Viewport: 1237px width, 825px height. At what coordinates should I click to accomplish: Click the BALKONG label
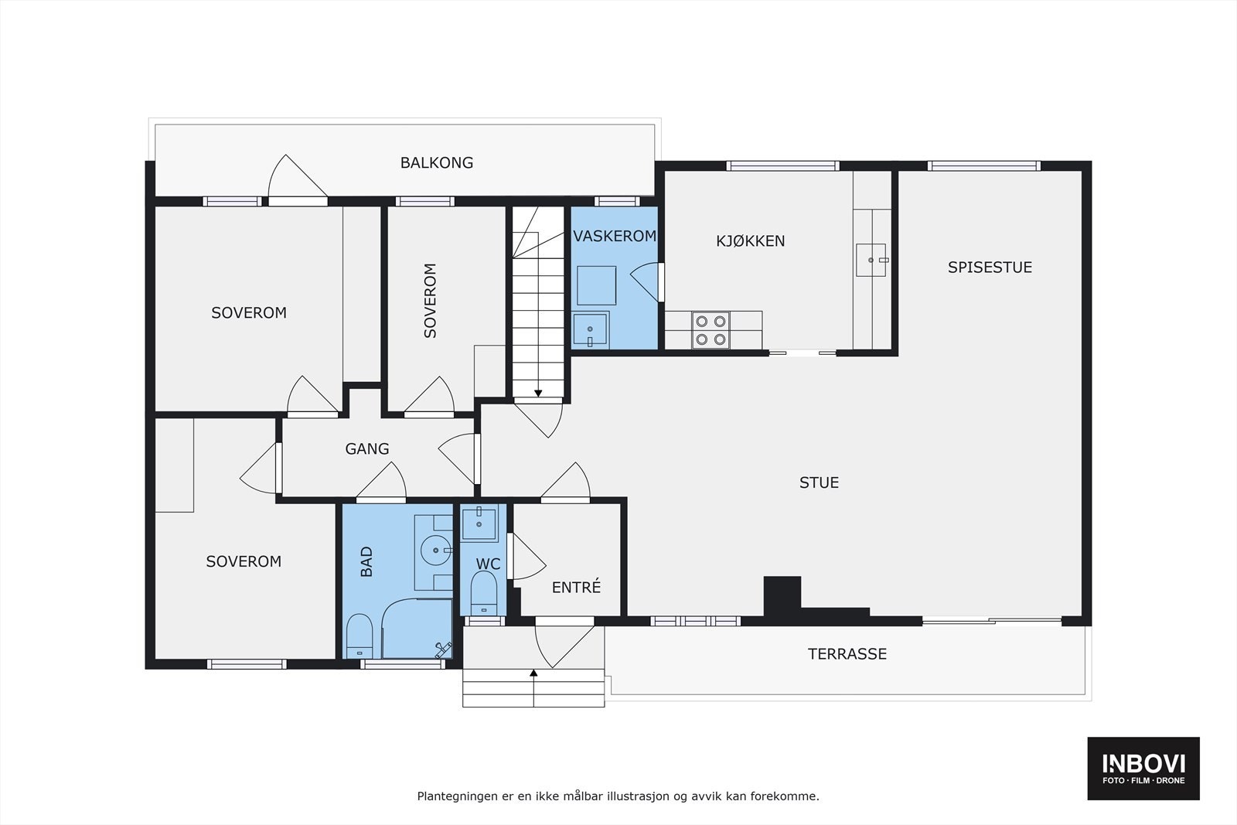click(436, 163)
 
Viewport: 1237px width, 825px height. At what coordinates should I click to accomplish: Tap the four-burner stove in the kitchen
click(711, 330)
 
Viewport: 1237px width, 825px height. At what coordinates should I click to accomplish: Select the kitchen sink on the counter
click(871, 260)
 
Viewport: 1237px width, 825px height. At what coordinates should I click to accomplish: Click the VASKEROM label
click(615, 237)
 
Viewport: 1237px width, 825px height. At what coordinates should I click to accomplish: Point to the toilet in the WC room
click(484, 593)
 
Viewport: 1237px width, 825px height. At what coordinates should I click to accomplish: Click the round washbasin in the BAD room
click(436, 551)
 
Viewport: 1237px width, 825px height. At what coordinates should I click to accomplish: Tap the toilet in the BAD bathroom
click(360, 636)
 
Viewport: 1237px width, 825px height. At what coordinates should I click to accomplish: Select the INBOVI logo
click(1143, 768)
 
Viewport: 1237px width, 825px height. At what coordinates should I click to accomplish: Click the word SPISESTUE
click(990, 268)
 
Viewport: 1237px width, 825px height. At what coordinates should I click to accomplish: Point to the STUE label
click(819, 482)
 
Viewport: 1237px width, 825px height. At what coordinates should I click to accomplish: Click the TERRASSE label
click(847, 654)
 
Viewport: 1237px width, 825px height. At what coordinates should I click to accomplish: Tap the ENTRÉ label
click(576, 587)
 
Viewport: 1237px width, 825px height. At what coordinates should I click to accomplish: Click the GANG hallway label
click(366, 449)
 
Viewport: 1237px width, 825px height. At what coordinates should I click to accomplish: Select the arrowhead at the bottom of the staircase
click(538, 394)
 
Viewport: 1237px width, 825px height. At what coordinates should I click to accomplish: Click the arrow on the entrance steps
click(533, 688)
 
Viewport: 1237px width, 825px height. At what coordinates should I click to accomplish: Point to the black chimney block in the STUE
click(782, 597)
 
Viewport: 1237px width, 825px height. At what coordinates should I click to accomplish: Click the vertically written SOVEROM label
click(430, 301)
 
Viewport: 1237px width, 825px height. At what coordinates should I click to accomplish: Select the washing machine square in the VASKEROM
click(596, 285)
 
